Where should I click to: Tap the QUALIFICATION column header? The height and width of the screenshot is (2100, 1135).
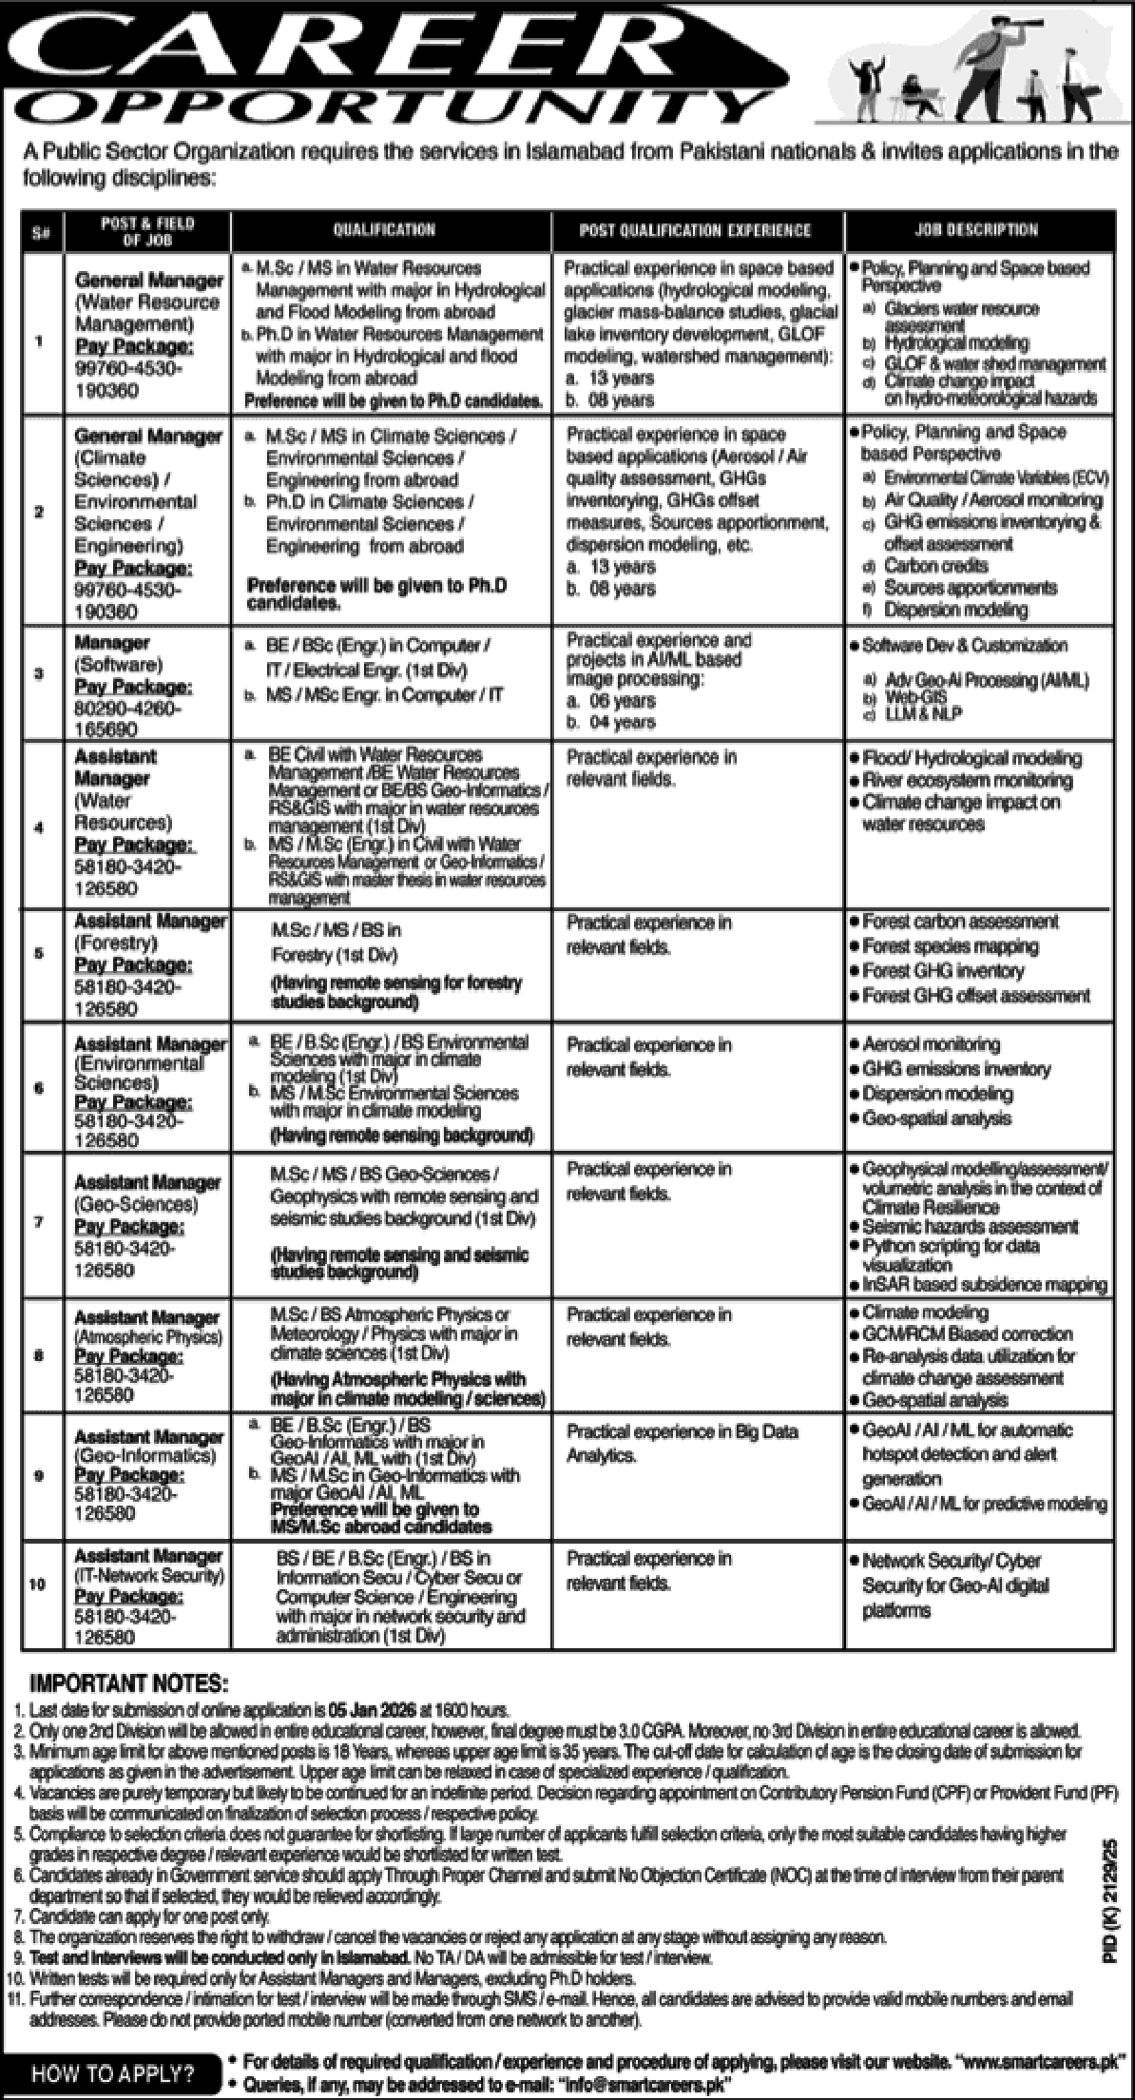[384, 229]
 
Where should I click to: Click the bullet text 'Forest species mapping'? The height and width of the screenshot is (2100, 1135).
[950, 946]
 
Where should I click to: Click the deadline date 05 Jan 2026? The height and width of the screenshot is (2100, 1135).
[372, 1708]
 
